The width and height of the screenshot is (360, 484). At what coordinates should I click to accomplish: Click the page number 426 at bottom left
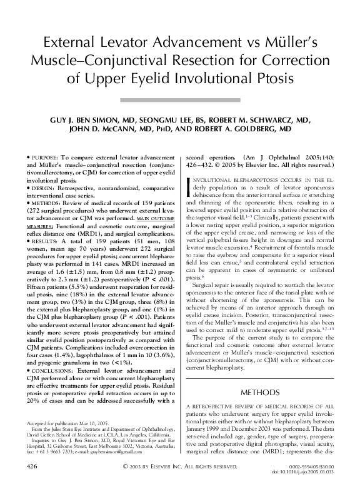point(34,466)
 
